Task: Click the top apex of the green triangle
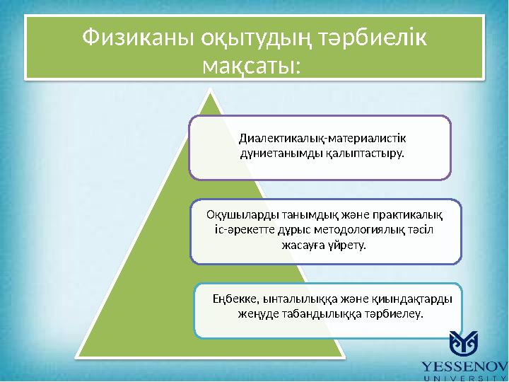click(x=210, y=91)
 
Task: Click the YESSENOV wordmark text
click(x=464, y=366)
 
